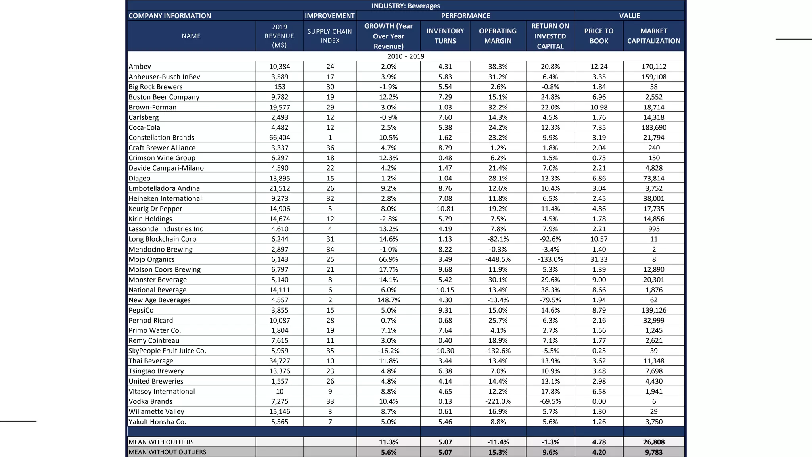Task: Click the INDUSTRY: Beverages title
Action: pyautogui.click(x=406, y=6)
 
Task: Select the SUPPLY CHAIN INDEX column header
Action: pyautogui.click(x=330, y=36)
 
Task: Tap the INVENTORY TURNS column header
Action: pyautogui.click(x=445, y=36)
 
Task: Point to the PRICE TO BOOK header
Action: pyautogui.click(x=599, y=36)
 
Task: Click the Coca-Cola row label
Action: pyautogui.click(x=144, y=127)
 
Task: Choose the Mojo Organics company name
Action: pyautogui.click(x=151, y=259)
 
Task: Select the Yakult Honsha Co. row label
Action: pyautogui.click(x=157, y=422)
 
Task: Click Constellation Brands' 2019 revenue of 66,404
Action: pyautogui.click(x=280, y=138)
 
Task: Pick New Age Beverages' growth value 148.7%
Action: pyautogui.click(x=389, y=300)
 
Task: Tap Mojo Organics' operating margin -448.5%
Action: pyautogui.click(x=498, y=259)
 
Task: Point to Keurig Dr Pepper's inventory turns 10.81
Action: pyautogui.click(x=445, y=209)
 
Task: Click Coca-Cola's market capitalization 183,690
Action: pyautogui.click(x=654, y=127)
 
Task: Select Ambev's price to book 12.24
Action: pyautogui.click(x=599, y=67)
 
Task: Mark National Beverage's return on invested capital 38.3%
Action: pyautogui.click(x=550, y=290)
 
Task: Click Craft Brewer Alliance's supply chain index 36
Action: pyautogui.click(x=330, y=148)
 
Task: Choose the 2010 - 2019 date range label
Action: pyautogui.click(x=406, y=56)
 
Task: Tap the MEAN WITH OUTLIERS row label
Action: pyautogui.click(x=161, y=442)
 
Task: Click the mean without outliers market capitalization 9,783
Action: pyautogui.click(x=654, y=452)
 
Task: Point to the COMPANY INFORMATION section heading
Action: pyautogui.click(x=170, y=16)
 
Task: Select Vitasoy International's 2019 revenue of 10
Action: pyautogui.click(x=280, y=391)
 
